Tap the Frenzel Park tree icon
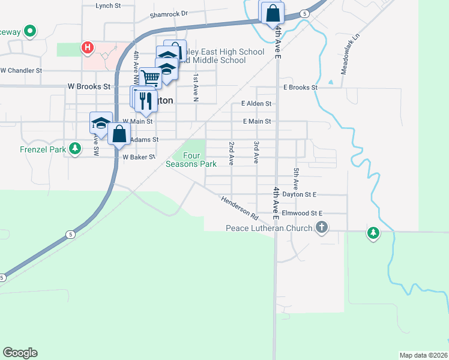74,148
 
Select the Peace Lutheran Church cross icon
322,227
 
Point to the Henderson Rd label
239,208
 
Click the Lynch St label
108,5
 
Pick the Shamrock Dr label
169,13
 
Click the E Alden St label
256,103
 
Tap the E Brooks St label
300,87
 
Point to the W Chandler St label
21,70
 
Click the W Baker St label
139,157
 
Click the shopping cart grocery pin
151,77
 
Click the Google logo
20,353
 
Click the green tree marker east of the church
373,233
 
